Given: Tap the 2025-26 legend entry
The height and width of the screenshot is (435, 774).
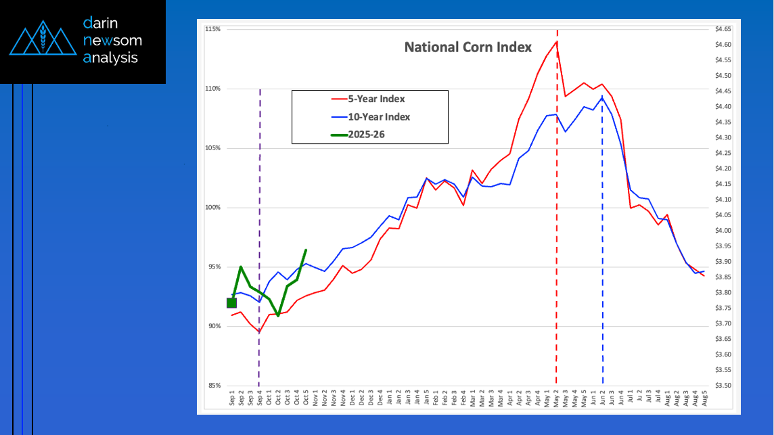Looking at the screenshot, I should pyautogui.click(x=369, y=135).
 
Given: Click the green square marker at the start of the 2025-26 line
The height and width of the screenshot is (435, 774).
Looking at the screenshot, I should pyautogui.click(x=231, y=302).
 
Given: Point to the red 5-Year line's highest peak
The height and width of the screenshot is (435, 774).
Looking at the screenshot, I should pyautogui.click(x=556, y=42).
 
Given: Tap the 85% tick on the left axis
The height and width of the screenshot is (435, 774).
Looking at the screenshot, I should pyautogui.click(x=214, y=386).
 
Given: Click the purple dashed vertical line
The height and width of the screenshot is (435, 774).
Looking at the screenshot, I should pyautogui.click(x=260, y=203).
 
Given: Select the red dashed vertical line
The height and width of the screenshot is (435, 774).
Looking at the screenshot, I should pyautogui.click(x=557, y=203).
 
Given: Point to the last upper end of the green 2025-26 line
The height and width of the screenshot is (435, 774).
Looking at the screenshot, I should pyautogui.click(x=306, y=250).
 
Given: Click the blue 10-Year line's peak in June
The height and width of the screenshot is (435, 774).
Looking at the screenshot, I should pyautogui.click(x=602, y=97).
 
